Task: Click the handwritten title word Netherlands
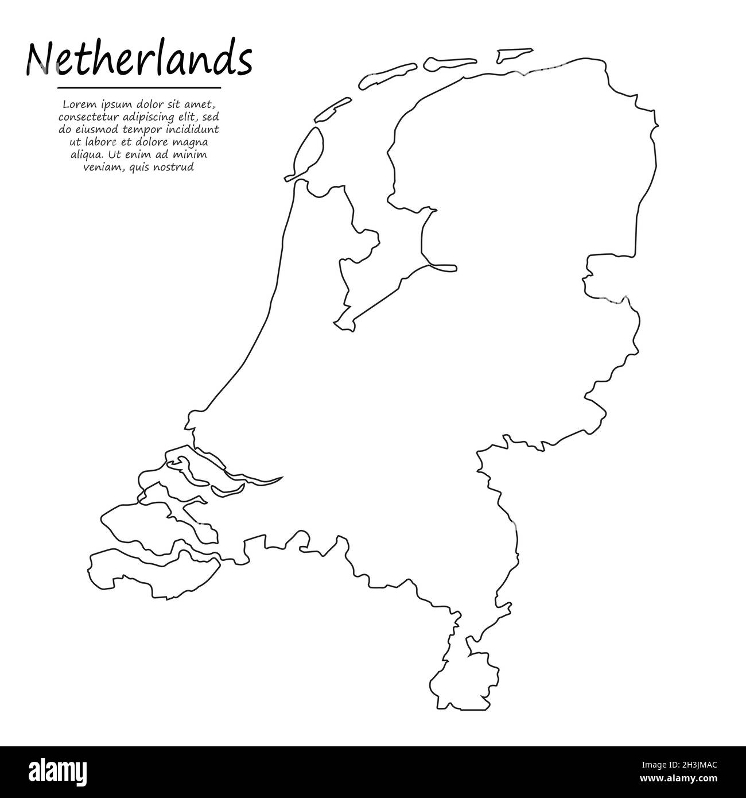pos(138,60)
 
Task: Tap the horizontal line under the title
pos(139,88)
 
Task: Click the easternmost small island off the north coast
pos(514,55)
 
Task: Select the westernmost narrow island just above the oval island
pos(333,109)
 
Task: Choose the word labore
pos(94,142)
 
